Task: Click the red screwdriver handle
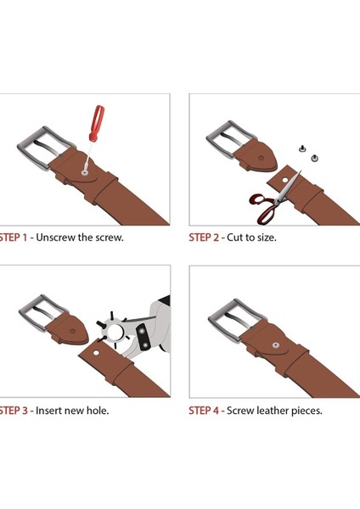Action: pyautogui.click(x=97, y=123)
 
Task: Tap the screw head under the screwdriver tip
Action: pyautogui.click(x=84, y=173)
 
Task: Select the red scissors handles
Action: pyautogui.click(x=263, y=208)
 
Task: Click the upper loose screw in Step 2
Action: pyautogui.click(x=302, y=148)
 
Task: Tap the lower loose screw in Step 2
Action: pyautogui.click(x=314, y=159)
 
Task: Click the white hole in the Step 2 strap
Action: pyautogui.click(x=285, y=180)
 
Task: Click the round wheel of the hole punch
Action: pyautogui.click(x=115, y=332)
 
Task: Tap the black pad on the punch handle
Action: pyautogui.click(x=143, y=337)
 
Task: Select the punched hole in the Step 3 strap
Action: pyautogui.click(x=96, y=353)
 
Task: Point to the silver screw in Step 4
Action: pyautogui.click(x=276, y=345)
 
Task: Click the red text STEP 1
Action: pyautogui.click(x=13, y=238)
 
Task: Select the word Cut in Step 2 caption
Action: pyautogui.click(x=234, y=238)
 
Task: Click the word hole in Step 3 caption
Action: pyautogui.click(x=98, y=411)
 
